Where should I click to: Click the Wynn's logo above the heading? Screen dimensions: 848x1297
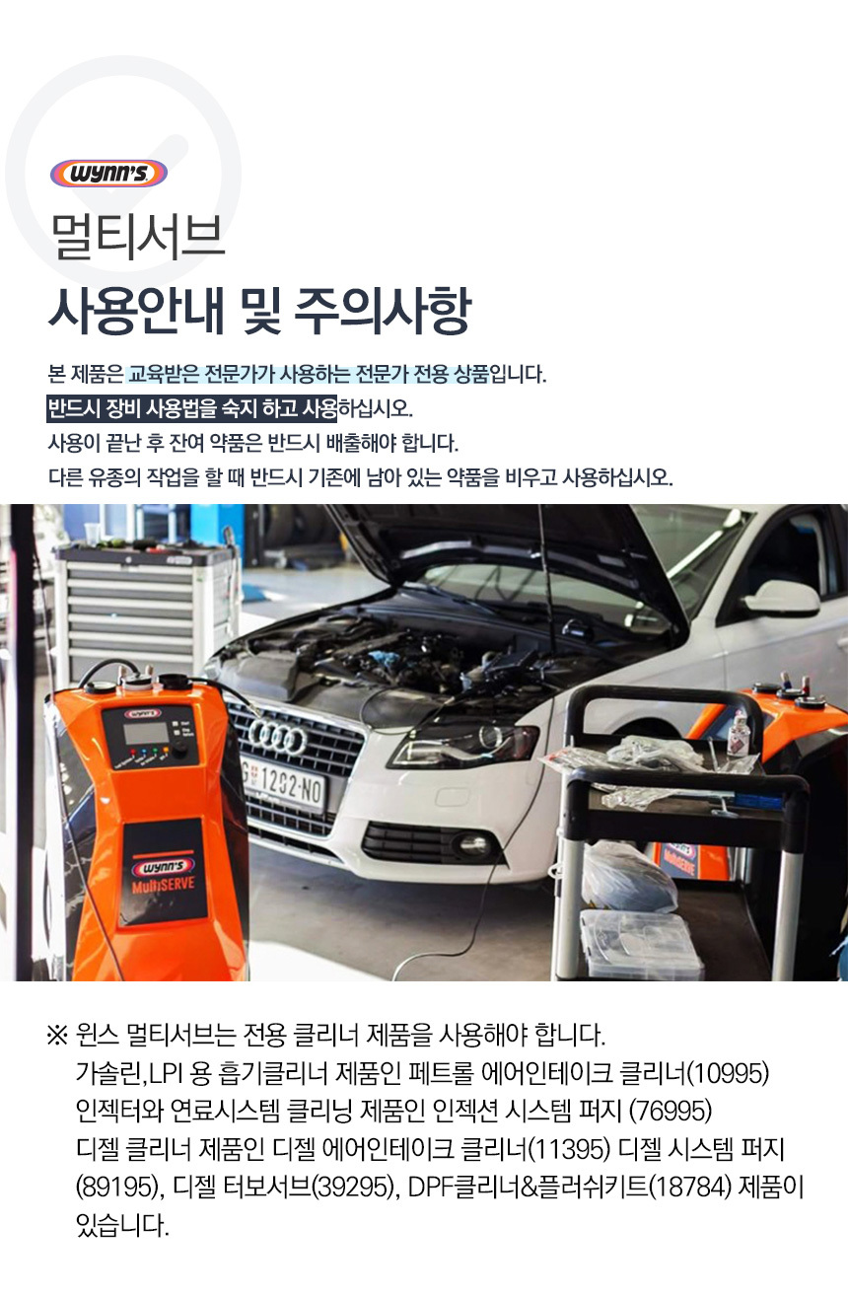pos(108,174)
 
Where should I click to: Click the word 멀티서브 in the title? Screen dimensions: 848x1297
pos(137,238)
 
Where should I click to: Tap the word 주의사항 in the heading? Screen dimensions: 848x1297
pos(383,311)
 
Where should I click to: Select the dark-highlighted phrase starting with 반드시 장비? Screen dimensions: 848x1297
pos(191,408)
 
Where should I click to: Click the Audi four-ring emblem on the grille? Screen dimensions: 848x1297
pos(277,737)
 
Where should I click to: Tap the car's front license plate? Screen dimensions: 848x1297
pos(282,784)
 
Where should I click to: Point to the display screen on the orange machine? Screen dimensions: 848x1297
pos(146,733)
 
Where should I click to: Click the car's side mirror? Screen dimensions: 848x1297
pos(781,597)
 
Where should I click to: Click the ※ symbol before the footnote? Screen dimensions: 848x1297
pos(57,1036)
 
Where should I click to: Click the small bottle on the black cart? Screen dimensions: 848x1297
pos(738,733)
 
